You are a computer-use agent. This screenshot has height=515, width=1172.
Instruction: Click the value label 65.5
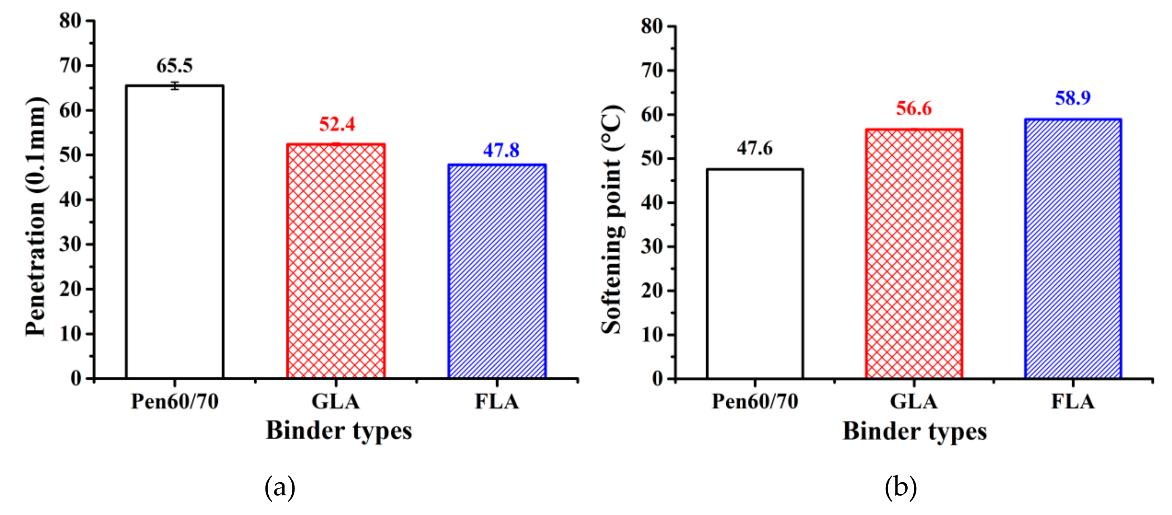(x=175, y=66)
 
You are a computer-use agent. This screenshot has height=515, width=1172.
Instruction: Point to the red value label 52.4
(x=337, y=124)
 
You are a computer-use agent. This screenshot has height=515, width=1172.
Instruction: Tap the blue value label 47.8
(x=501, y=150)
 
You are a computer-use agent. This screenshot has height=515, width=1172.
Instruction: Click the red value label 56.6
(x=914, y=108)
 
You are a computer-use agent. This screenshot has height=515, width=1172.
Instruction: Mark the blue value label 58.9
(x=1073, y=98)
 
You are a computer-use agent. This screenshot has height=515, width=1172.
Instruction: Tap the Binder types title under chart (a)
(x=339, y=430)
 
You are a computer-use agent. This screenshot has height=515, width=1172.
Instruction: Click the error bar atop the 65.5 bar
(x=175, y=86)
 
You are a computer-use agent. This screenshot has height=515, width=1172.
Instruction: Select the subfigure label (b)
(x=900, y=487)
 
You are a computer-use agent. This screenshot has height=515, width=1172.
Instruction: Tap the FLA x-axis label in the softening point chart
(x=1073, y=402)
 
